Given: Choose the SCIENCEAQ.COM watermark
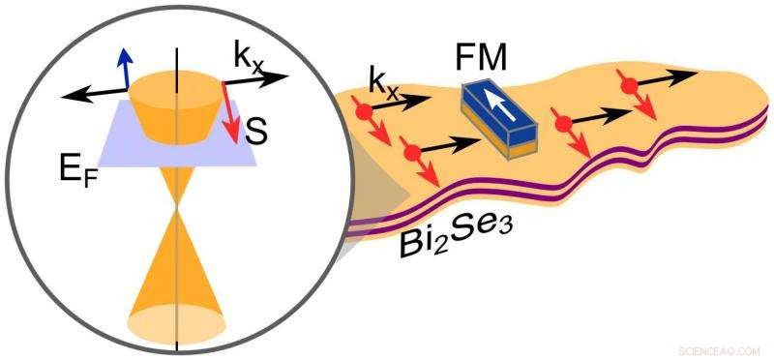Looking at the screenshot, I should tap(719, 347).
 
